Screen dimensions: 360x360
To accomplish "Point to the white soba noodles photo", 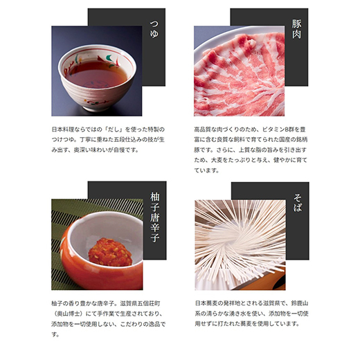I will pos(239,246).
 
